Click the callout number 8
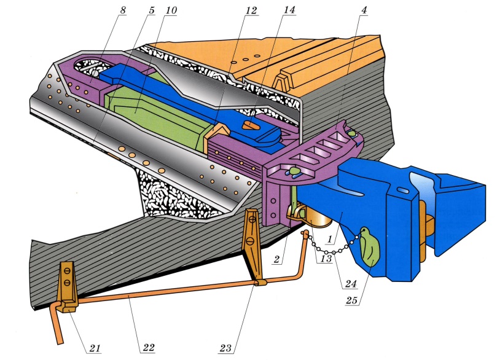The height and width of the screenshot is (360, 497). [x=123, y=10]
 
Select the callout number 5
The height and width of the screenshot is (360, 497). [x=152, y=10]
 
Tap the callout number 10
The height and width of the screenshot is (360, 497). [x=171, y=10]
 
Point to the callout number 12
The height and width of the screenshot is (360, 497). [x=251, y=10]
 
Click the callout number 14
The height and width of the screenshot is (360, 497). [x=289, y=10]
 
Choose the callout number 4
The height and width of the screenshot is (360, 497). [x=364, y=10]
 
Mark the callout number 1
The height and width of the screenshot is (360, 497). [x=330, y=239]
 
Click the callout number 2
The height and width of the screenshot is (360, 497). [x=277, y=259]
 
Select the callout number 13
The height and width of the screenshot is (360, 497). [x=326, y=258]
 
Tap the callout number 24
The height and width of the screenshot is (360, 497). [x=351, y=283]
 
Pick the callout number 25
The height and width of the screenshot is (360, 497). [x=352, y=300]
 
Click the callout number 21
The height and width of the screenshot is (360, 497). [x=95, y=348]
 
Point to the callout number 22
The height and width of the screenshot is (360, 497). [x=148, y=348]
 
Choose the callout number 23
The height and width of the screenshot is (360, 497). [x=225, y=348]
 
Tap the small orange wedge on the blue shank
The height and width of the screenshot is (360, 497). [x=251, y=125]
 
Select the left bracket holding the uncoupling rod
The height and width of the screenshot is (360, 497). [x=68, y=287]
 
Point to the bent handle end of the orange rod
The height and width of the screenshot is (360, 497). [x=57, y=323]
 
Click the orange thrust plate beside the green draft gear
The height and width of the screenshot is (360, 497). [x=216, y=133]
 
